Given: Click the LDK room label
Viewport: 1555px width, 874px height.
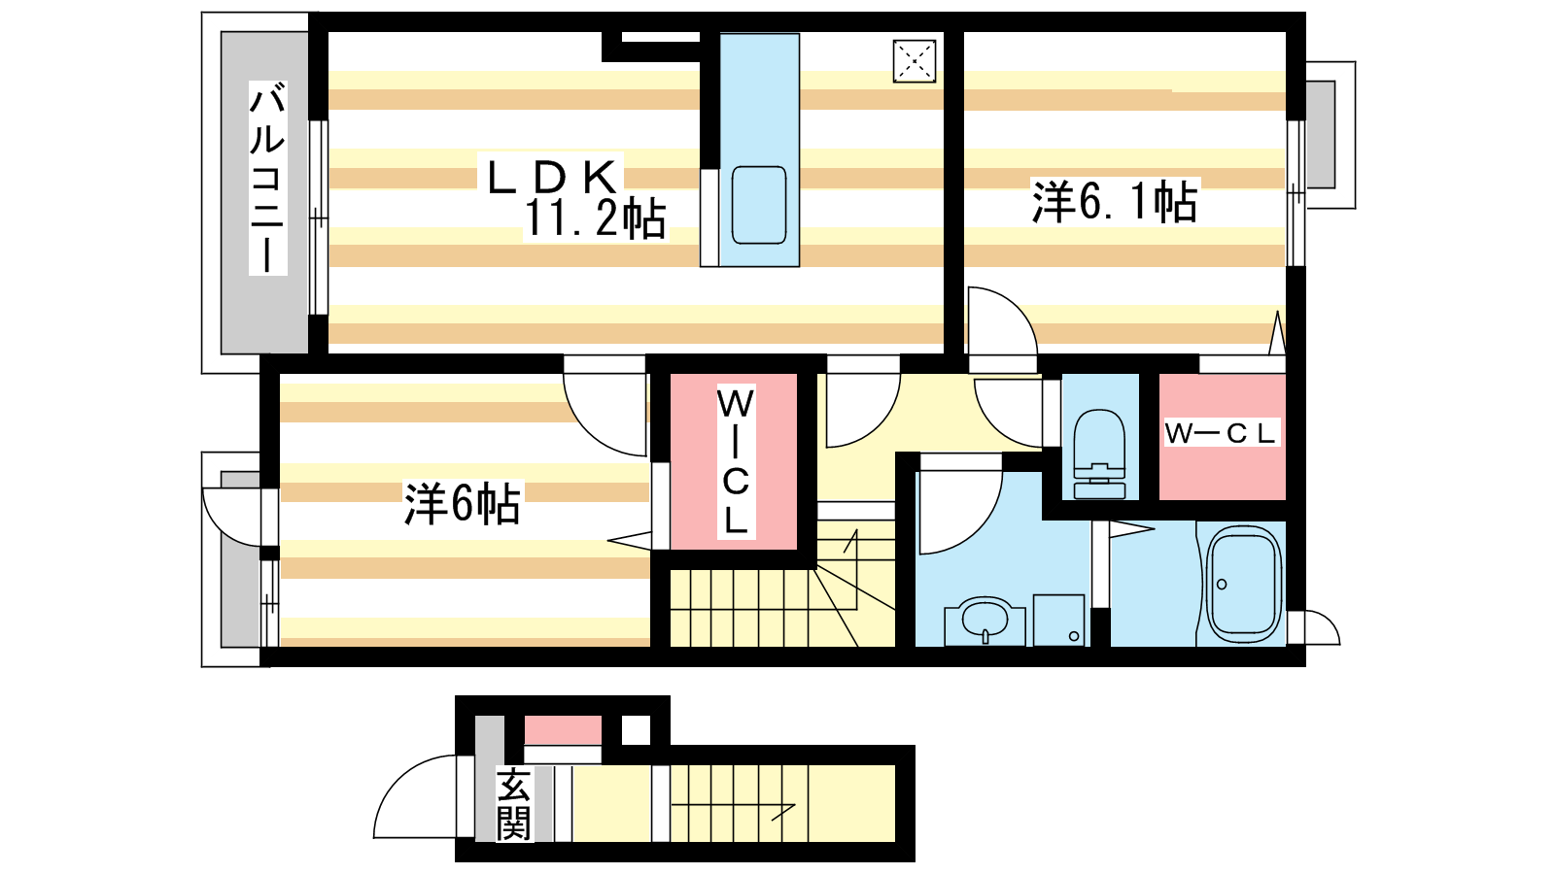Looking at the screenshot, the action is pos(552,177).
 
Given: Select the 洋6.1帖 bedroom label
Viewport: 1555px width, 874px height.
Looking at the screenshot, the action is pos(1115,201).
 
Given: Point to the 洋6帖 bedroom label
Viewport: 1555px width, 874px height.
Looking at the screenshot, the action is pos(463,503).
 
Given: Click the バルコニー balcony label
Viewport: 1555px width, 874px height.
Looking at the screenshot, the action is pos(268,178).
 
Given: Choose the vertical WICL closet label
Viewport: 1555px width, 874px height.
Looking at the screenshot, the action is pos(736,462).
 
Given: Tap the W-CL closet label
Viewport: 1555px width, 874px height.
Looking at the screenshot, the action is pos(1221,433).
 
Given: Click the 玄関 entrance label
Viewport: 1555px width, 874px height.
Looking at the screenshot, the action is pos(514,804).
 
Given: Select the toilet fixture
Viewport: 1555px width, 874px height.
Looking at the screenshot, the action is pos(1099,454).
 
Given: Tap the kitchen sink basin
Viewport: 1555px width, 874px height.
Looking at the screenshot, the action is pos(759,205).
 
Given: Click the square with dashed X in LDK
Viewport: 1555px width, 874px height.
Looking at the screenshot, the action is pos(915,62).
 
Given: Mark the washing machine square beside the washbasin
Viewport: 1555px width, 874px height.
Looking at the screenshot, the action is pos(1058,621).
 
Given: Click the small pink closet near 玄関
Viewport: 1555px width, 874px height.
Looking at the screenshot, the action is pos(563,730).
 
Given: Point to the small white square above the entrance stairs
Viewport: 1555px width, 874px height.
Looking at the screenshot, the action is pos(636,730).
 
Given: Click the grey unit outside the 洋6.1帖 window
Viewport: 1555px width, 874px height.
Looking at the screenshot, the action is pos(1321,135).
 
